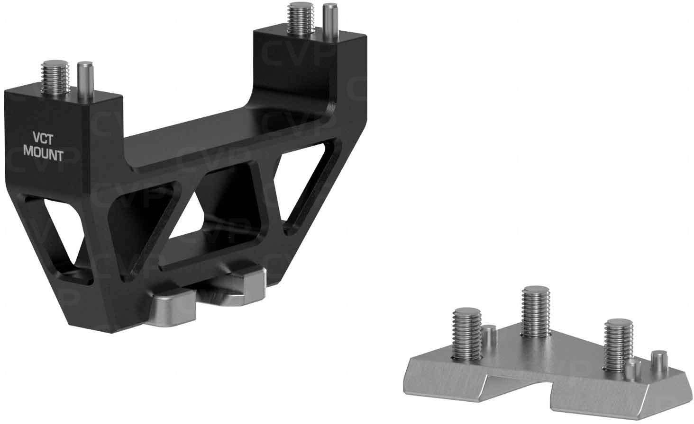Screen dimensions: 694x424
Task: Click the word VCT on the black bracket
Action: (x=43, y=140)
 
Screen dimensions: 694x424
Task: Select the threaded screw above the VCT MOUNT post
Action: (x=55, y=77)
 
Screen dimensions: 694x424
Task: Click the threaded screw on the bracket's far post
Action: (x=300, y=18)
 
